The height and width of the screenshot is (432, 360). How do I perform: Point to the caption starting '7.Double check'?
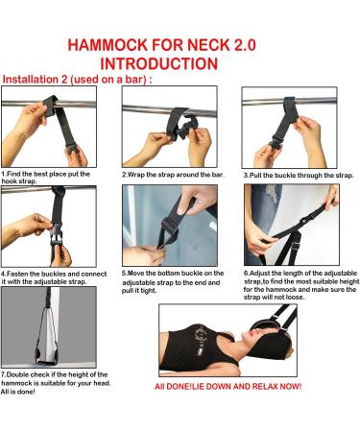(54, 381)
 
